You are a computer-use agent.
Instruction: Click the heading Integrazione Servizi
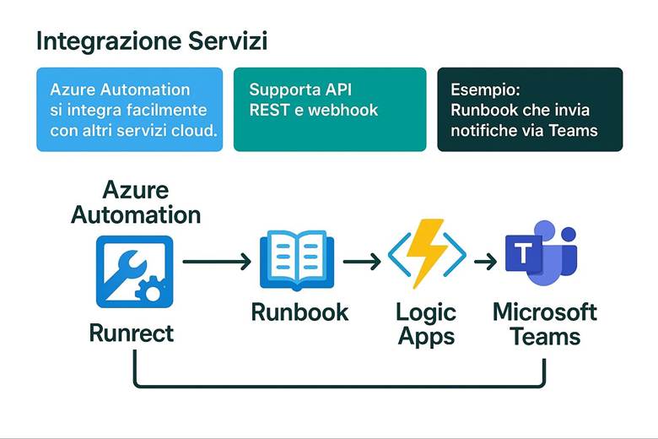pyautogui.click(x=152, y=41)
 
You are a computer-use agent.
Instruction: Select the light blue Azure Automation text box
pyautogui.click(x=129, y=110)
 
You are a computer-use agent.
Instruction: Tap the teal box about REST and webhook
pyautogui.click(x=330, y=110)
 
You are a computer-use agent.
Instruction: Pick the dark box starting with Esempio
pyautogui.click(x=530, y=110)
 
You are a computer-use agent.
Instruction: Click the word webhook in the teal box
pyautogui.click(x=344, y=110)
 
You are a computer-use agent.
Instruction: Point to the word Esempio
pyautogui.click(x=484, y=89)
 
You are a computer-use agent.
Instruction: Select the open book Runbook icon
pyautogui.click(x=299, y=262)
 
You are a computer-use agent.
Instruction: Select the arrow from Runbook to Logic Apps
pyautogui.click(x=362, y=263)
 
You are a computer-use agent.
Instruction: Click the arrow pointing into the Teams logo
pyautogui.click(x=484, y=263)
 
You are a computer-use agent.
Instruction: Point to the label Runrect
pyautogui.click(x=132, y=333)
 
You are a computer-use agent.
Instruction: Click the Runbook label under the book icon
pyautogui.click(x=299, y=312)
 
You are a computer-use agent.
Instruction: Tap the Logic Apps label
pyautogui.click(x=426, y=324)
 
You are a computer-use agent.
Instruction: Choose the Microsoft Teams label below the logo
pyautogui.click(x=545, y=324)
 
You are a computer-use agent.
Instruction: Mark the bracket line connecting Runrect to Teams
pyautogui.click(x=337, y=388)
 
